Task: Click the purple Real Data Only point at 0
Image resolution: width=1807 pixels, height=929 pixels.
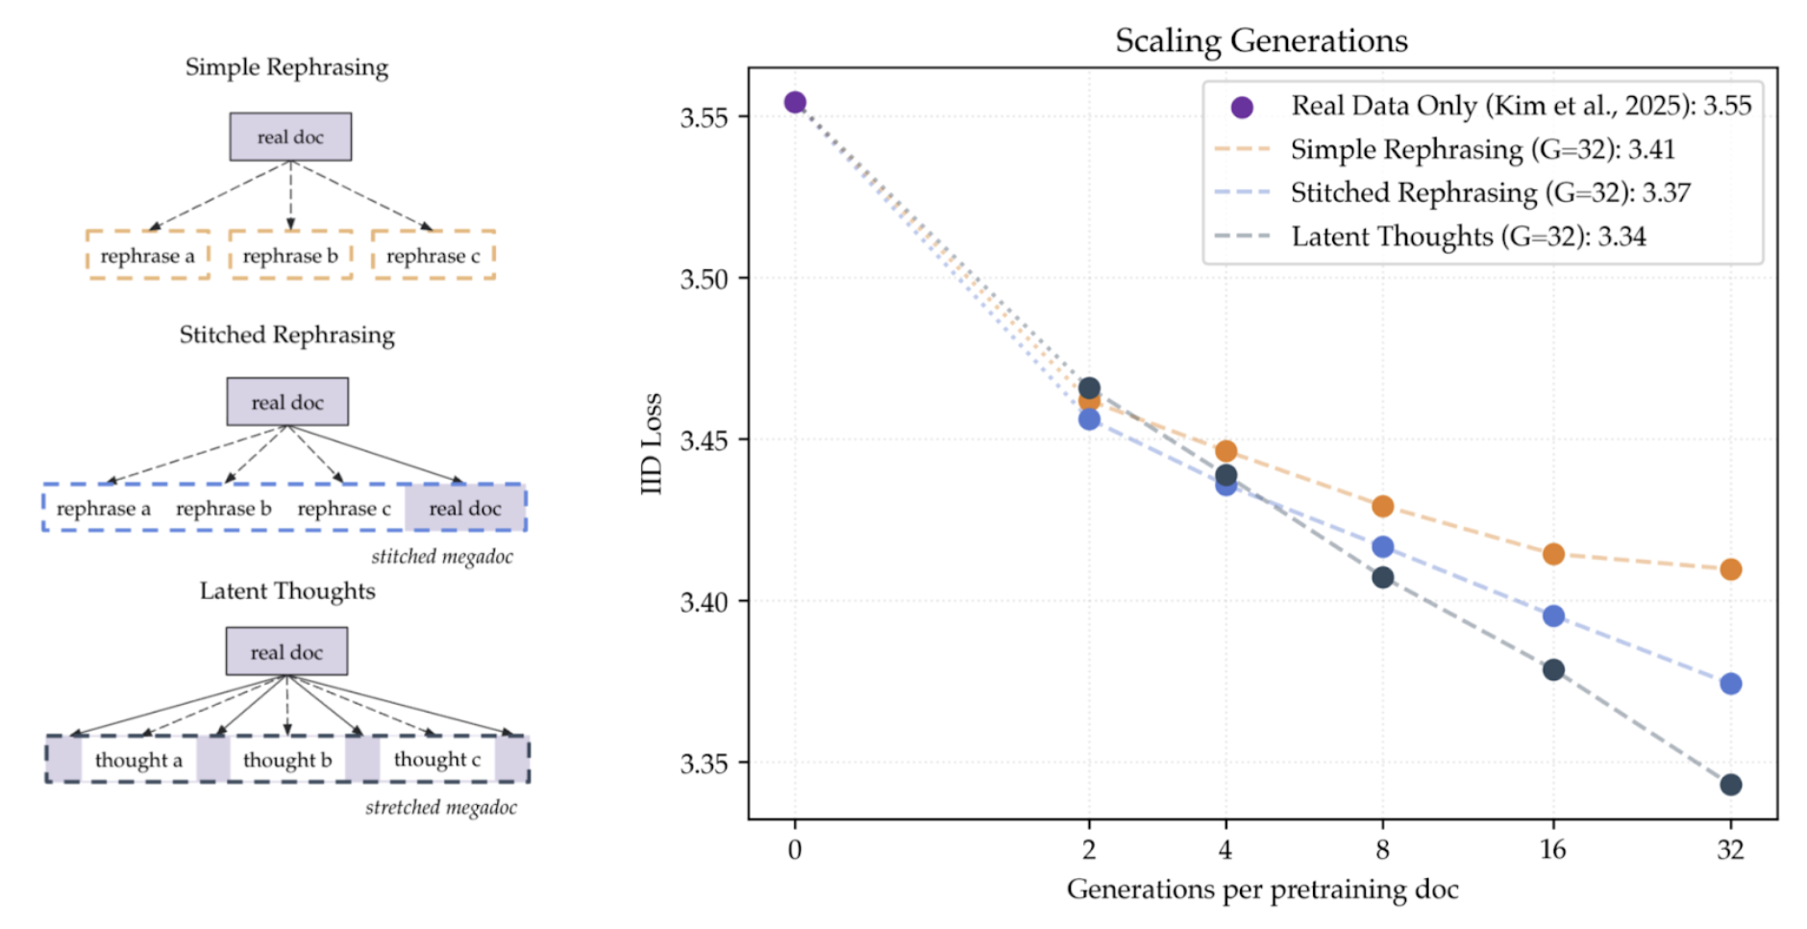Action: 795,103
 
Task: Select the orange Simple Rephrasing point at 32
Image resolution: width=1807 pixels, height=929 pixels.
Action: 1730,569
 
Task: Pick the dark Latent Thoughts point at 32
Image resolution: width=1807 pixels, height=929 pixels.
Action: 1730,785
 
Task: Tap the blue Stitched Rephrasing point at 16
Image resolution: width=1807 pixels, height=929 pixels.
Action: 1553,615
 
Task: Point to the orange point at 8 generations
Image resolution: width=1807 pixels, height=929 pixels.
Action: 1382,506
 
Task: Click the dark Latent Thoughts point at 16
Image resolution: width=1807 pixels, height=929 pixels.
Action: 1553,669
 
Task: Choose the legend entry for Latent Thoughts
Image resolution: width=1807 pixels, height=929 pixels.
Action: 1468,237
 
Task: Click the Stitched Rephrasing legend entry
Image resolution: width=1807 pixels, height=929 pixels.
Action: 1490,193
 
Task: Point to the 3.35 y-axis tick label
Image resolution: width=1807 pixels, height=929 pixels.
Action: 705,764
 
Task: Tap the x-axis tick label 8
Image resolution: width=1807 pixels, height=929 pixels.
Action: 1382,849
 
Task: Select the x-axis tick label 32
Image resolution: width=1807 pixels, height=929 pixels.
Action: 1730,849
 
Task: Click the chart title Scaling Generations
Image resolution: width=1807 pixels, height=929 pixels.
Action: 1261,40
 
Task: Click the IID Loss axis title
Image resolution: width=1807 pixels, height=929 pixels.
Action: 652,443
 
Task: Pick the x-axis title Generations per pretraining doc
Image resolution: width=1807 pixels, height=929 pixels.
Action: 1262,890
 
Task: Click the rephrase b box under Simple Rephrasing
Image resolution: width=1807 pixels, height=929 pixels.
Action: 290,256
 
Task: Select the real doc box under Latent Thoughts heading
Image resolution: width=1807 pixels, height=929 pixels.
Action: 286,652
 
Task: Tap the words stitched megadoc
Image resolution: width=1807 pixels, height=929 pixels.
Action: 442,557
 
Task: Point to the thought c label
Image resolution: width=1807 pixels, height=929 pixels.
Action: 437,760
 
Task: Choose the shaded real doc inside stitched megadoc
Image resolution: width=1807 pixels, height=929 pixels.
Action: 465,509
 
